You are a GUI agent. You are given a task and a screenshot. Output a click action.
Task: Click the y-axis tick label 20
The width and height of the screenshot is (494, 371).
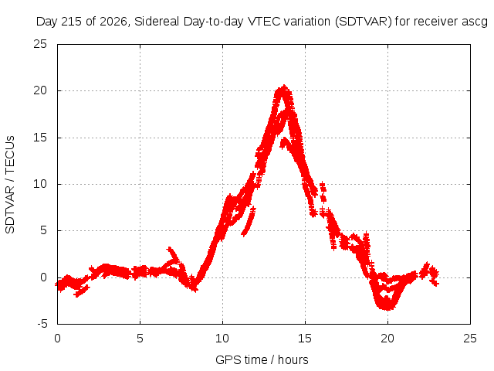pos(40,90)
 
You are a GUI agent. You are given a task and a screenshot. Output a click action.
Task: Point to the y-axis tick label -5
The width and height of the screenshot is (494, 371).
pos(42,324)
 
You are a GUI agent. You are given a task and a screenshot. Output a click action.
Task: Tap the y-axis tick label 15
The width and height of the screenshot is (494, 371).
pos(40,138)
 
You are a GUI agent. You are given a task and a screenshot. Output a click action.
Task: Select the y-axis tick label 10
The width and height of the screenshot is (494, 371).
pos(40,184)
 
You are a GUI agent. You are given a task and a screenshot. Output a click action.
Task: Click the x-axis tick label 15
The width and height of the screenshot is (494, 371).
pos(305,339)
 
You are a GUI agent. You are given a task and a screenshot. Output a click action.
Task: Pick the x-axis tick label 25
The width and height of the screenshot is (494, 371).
pos(470,339)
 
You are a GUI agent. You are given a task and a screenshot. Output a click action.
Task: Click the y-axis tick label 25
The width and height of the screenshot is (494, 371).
pos(40,44)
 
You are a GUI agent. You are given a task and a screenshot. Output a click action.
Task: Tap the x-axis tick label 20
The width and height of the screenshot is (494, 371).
pos(387,339)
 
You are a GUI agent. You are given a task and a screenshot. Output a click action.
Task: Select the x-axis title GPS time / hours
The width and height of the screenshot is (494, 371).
pos(262,360)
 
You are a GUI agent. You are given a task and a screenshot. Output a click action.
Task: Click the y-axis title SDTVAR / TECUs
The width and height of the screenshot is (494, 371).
pos(10,185)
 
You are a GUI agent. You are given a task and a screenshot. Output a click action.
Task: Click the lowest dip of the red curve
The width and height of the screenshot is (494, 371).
pos(387,308)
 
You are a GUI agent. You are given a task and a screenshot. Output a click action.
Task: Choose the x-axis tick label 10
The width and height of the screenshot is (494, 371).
pos(222,339)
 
